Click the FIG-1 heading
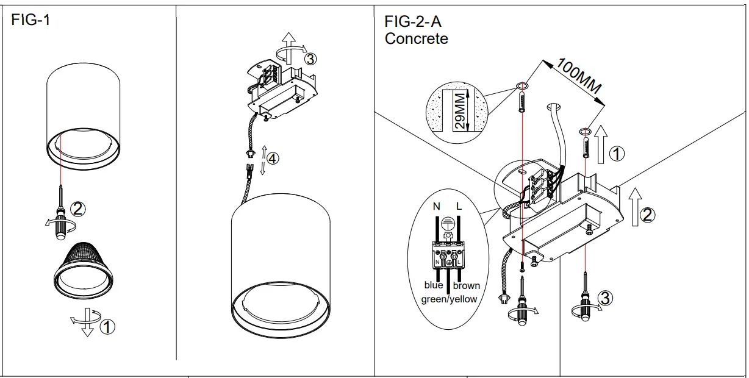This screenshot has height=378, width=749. [x=30, y=20]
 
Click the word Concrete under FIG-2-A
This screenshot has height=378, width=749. [x=416, y=39]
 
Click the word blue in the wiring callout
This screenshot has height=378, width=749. [x=434, y=285]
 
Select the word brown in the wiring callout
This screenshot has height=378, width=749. [x=467, y=285]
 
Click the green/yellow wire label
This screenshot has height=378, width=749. [x=449, y=299]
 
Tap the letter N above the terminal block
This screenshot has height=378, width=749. [x=437, y=207]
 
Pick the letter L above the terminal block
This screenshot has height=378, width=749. [x=459, y=207]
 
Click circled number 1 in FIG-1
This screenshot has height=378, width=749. [x=107, y=327]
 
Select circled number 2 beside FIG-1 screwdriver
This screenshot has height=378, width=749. [x=78, y=209]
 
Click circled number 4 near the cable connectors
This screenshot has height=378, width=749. [x=273, y=159]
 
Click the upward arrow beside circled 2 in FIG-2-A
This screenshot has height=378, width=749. [x=634, y=207]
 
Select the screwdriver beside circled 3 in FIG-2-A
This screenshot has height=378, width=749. [x=585, y=302]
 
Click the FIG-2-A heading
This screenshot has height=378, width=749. [x=412, y=21]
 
